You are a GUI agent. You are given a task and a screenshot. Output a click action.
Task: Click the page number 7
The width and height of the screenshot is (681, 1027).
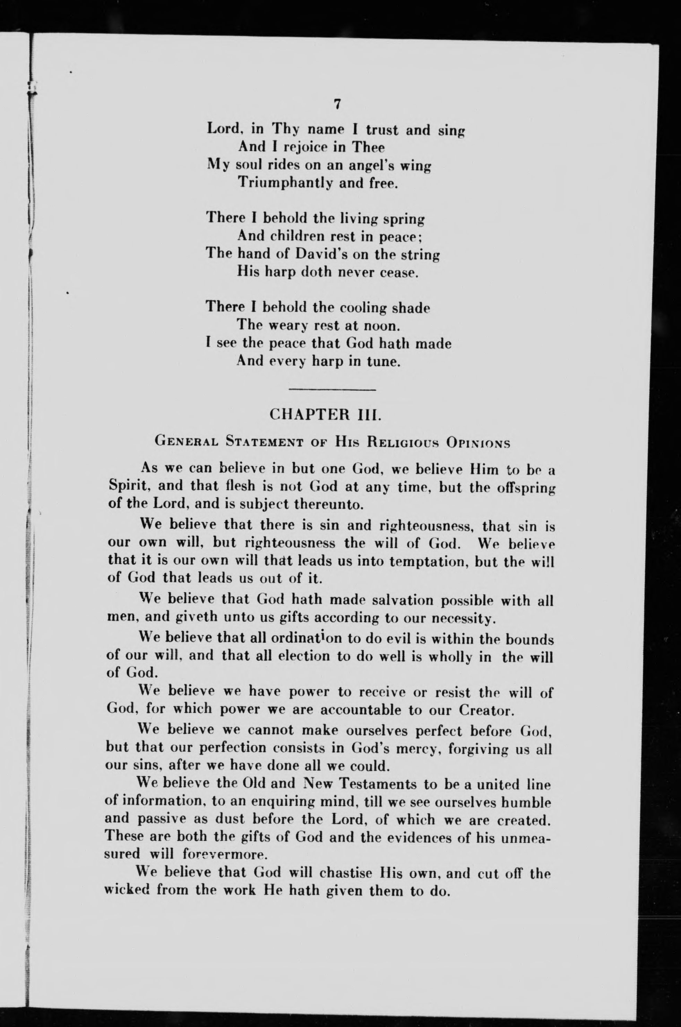tap(337, 104)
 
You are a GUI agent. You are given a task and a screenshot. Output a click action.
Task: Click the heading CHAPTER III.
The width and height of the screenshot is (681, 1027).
tap(325, 414)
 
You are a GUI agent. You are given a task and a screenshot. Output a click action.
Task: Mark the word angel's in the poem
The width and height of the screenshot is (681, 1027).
tap(358, 166)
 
